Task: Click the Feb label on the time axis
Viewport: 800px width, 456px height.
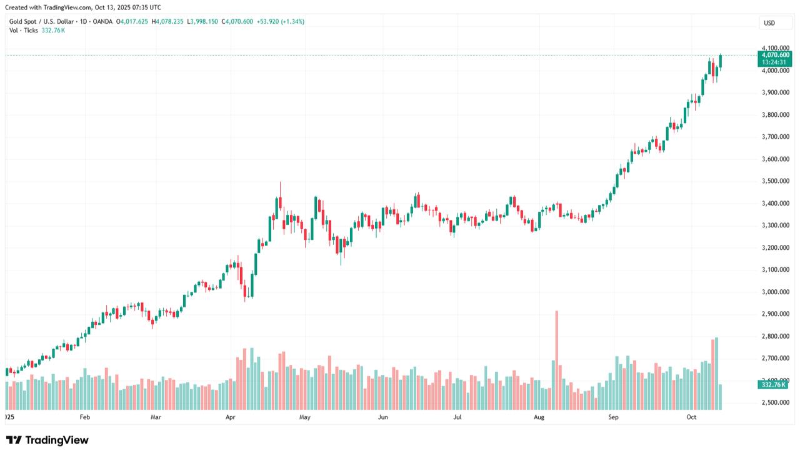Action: pos(85,417)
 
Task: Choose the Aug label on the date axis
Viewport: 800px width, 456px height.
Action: pos(539,417)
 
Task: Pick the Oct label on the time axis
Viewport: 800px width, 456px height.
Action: pos(692,417)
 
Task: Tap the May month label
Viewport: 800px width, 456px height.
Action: pos(305,417)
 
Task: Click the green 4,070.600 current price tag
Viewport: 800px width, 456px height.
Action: pos(775,55)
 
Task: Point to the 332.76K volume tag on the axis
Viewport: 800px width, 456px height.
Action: pos(774,385)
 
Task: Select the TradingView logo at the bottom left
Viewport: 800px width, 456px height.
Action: pos(47,440)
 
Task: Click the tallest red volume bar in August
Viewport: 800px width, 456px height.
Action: pos(557,360)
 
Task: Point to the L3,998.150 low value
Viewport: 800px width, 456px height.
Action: pos(204,21)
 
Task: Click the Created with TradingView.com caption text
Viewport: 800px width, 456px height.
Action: pos(82,7)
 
